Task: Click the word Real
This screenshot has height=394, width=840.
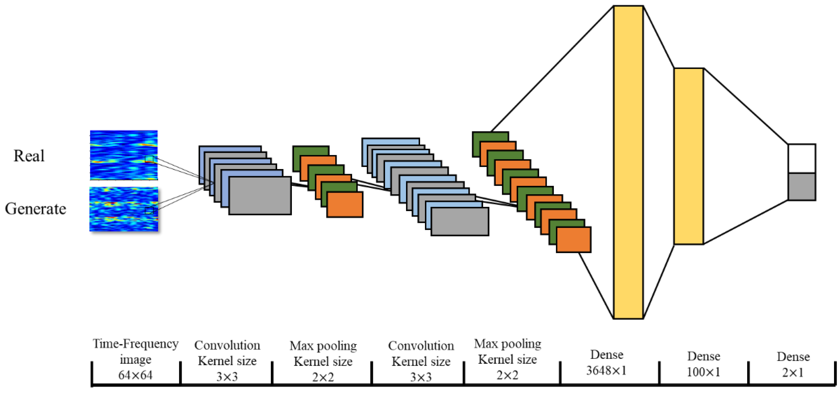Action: pyautogui.click(x=29, y=156)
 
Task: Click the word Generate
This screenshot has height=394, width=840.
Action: pyautogui.click(x=35, y=209)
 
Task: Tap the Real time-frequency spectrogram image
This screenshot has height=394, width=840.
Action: pyautogui.click(x=124, y=155)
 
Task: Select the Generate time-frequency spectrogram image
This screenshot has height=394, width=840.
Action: pyautogui.click(x=124, y=209)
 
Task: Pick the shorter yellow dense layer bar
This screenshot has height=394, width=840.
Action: pyautogui.click(x=688, y=156)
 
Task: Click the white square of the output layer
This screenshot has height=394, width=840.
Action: pyautogui.click(x=802, y=158)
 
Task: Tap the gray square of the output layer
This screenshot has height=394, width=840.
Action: pyautogui.click(x=802, y=186)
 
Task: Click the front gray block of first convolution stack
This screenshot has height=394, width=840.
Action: pyautogui.click(x=260, y=196)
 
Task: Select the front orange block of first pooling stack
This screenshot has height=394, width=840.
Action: pyautogui.click(x=345, y=204)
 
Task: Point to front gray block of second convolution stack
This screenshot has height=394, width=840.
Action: pyautogui.click(x=459, y=222)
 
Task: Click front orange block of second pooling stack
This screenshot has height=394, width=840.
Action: pyautogui.click(x=573, y=240)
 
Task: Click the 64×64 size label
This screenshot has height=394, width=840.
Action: pyautogui.click(x=135, y=375)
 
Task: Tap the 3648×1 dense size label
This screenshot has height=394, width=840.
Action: pyautogui.click(x=606, y=370)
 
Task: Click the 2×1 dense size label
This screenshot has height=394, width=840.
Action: pyautogui.click(x=793, y=372)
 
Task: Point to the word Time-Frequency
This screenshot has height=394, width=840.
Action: pyautogui.click(x=136, y=344)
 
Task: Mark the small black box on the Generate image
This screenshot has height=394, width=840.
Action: pyautogui.click(x=149, y=210)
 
